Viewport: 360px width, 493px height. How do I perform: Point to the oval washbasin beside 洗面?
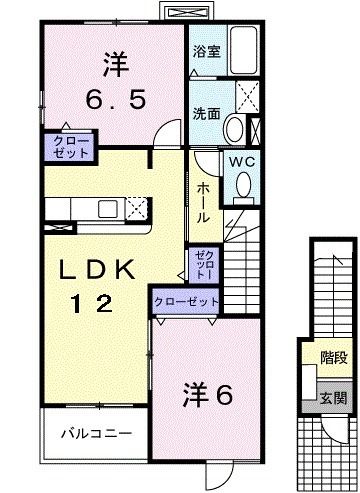pyautogui.click(x=233, y=128)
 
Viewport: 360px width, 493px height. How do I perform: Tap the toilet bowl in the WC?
pyautogui.click(x=243, y=184)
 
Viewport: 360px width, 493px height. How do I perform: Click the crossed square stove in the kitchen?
pyautogui.click(x=137, y=208)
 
